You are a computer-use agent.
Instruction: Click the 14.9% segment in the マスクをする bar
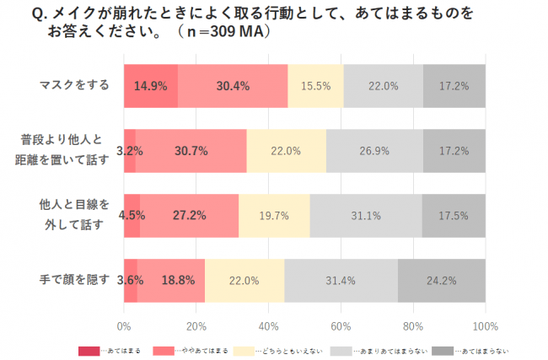pos(151,85)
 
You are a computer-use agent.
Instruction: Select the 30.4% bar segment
pos(233,85)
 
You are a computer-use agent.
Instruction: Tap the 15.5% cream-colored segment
pos(315,85)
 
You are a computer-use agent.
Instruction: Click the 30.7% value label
pos(191,151)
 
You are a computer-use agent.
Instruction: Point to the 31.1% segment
pos(366,216)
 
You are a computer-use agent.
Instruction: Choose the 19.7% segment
pos(274,216)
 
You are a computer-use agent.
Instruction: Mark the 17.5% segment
pos(454,216)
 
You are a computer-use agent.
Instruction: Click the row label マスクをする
pos(74,85)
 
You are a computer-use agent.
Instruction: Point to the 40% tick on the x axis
pos(269,326)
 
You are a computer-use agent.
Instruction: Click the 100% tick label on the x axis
pos(485,326)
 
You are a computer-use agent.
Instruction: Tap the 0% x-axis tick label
pos(124,326)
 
